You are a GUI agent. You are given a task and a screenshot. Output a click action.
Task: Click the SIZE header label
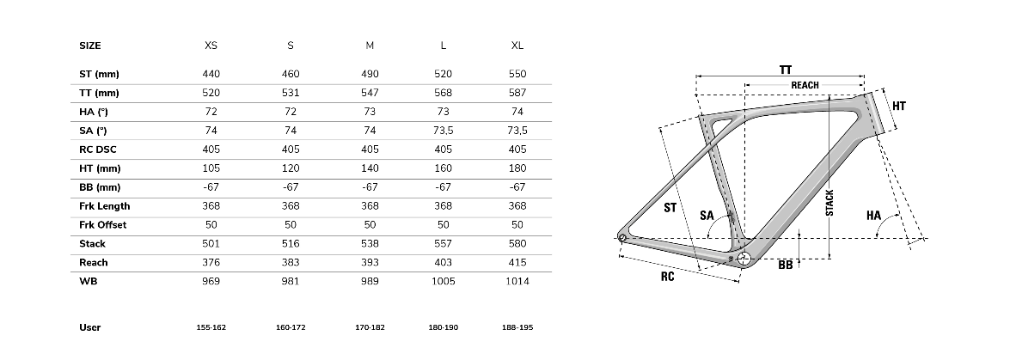pyautogui.click(x=90, y=46)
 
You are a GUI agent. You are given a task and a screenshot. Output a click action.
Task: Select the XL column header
pyautogui.click(x=517, y=46)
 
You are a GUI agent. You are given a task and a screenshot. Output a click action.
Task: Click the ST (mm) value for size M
pyautogui.click(x=370, y=74)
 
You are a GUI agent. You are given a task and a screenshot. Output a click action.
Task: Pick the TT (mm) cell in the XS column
pyautogui.click(x=211, y=93)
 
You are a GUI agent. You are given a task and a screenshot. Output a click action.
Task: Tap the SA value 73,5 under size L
pyautogui.click(x=444, y=131)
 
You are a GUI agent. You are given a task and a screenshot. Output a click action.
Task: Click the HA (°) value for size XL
pyautogui.click(x=517, y=112)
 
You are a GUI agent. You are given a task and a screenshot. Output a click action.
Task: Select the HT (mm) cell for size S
pyautogui.click(x=291, y=168)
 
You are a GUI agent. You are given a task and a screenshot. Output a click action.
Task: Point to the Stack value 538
pyautogui.click(x=370, y=243)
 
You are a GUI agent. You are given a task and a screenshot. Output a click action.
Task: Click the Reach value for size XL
pyautogui.click(x=517, y=262)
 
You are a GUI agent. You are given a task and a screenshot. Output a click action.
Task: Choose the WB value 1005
pyautogui.click(x=444, y=282)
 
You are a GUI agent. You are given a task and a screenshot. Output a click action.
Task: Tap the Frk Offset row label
pyautogui.click(x=103, y=225)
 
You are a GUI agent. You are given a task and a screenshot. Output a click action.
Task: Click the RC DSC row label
pyautogui.click(x=98, y=149)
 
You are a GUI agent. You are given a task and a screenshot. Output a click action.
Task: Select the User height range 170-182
pyautogui.click(x=370, y=327)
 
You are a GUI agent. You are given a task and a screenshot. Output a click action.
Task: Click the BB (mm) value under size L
pyautogui.click(x=444, y=187)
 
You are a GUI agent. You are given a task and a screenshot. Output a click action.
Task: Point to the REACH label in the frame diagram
pyautogui.click(x=805, y=85)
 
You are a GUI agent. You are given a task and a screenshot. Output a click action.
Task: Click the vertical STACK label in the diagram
pyautogui.click(x=830, y=202)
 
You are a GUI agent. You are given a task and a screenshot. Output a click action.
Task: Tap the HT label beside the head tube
pyautogui.click(x=899, y=107)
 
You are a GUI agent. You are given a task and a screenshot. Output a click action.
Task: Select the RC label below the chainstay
pyautogui.click(x=667, y=277)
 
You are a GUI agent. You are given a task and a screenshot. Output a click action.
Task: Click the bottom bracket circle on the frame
pyautogui.click(x=744, y=259)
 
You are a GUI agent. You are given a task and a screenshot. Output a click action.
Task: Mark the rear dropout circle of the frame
pyautogui.click(x=622, y=238)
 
